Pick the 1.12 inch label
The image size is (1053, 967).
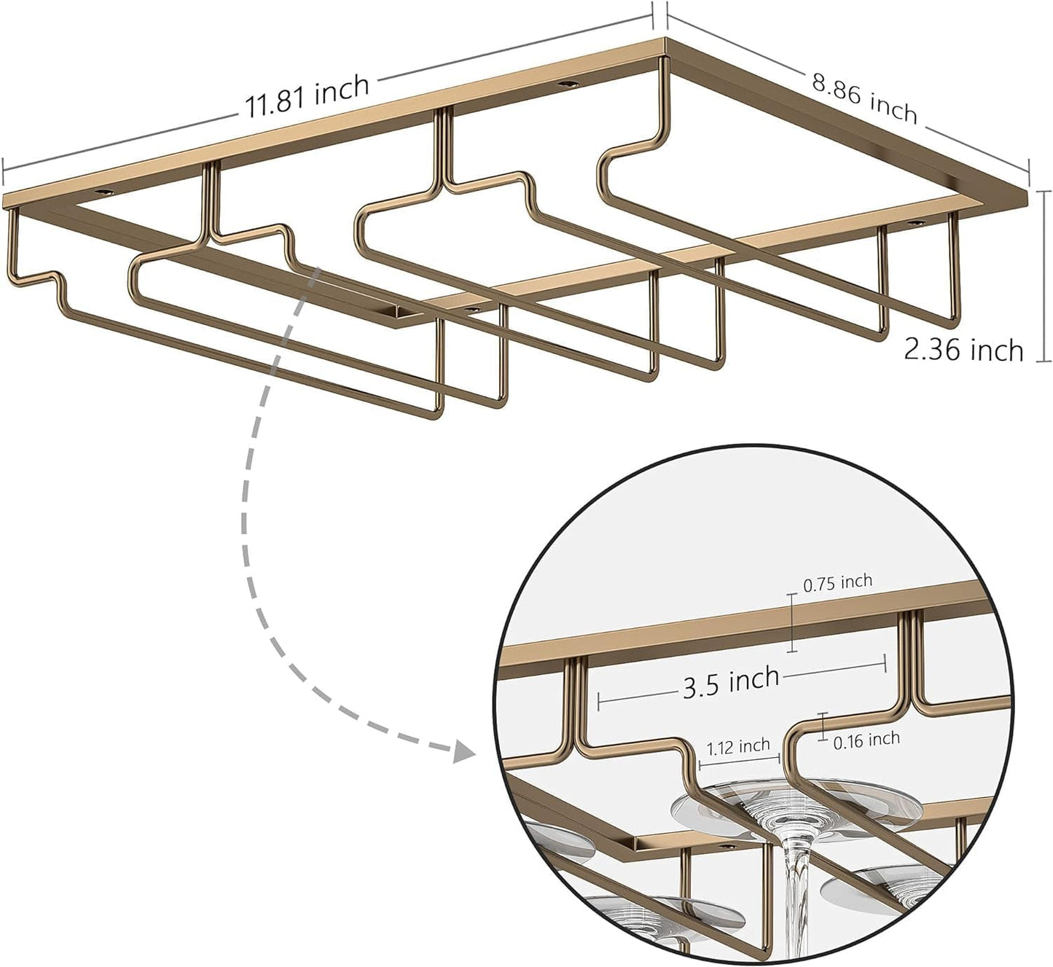tap(739, 746)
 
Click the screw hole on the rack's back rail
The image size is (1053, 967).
tap(565, 84)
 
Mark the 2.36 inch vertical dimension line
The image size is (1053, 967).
tap(1044, 276)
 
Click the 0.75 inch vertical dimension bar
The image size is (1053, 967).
tap(793, 622)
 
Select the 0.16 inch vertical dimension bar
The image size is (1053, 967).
tap(823, 726)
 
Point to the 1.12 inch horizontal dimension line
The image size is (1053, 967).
tap(739, 760)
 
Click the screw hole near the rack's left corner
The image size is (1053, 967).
tap(103, 192)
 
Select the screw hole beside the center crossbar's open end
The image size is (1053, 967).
tap(473, 310)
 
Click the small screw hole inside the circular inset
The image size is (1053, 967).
tap(727, 847)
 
